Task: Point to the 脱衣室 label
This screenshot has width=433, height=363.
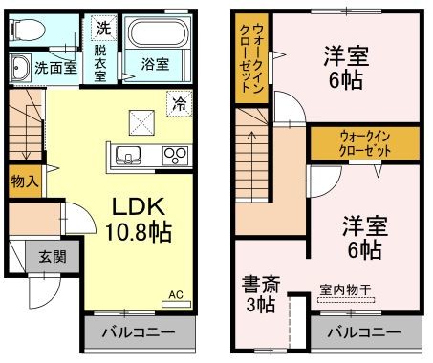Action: (100, 64)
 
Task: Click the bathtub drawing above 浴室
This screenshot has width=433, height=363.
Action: (159, 36)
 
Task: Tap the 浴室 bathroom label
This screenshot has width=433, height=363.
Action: (156, 65)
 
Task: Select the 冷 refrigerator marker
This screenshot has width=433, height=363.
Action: (179, 102)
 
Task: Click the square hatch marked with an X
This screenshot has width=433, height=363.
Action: (142, 122)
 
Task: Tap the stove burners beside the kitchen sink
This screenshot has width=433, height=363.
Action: (175, 155)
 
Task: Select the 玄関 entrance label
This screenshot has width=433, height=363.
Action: (52, 256)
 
